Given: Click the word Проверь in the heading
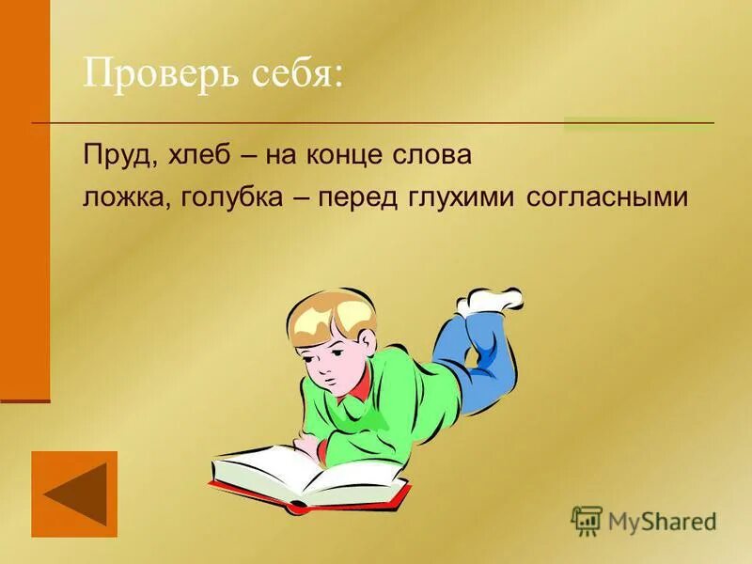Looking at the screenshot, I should (154, 74).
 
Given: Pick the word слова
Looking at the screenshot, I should (436, 156).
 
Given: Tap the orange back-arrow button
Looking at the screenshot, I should (74, 493).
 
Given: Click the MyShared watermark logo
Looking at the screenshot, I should (644, 520).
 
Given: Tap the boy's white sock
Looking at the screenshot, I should (491, 300).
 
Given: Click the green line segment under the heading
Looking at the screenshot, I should (638, 121).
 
